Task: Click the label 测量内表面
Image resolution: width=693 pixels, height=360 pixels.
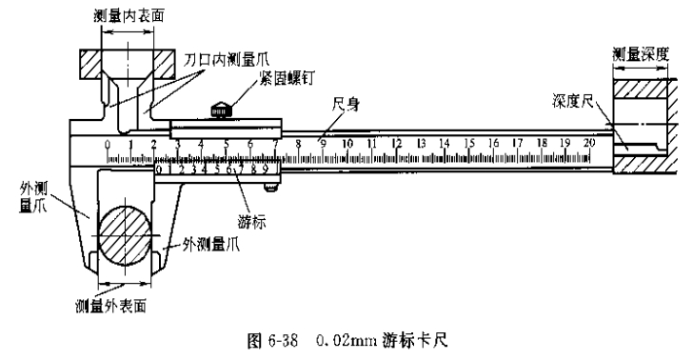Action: [x=122, y=16]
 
